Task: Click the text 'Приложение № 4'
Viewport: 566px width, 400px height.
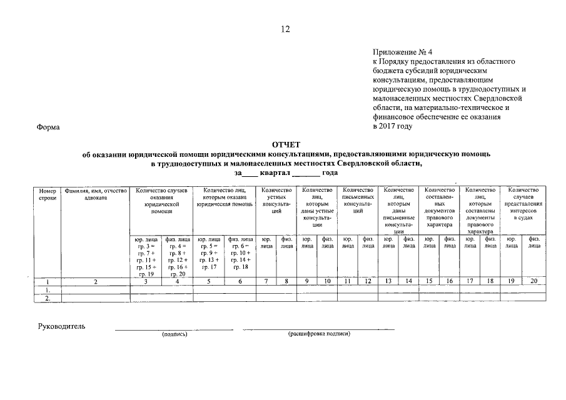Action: click(x=398, y=52)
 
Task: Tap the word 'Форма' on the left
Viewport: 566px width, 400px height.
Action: click(x=48, y=127)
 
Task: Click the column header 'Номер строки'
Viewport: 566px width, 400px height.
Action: click(x=48, y=194)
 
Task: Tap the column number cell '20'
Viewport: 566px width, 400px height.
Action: click(x=533, y=281)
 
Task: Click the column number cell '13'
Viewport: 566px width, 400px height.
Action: click(x=388, y=281)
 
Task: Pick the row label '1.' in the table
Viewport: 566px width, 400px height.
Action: click(x=48, y=289)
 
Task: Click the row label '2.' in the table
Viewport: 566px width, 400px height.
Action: click(x=48, y=298)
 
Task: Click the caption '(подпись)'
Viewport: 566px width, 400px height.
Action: click(x=174, y=334)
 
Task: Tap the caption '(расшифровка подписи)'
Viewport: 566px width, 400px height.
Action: click(x=318, y=334)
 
